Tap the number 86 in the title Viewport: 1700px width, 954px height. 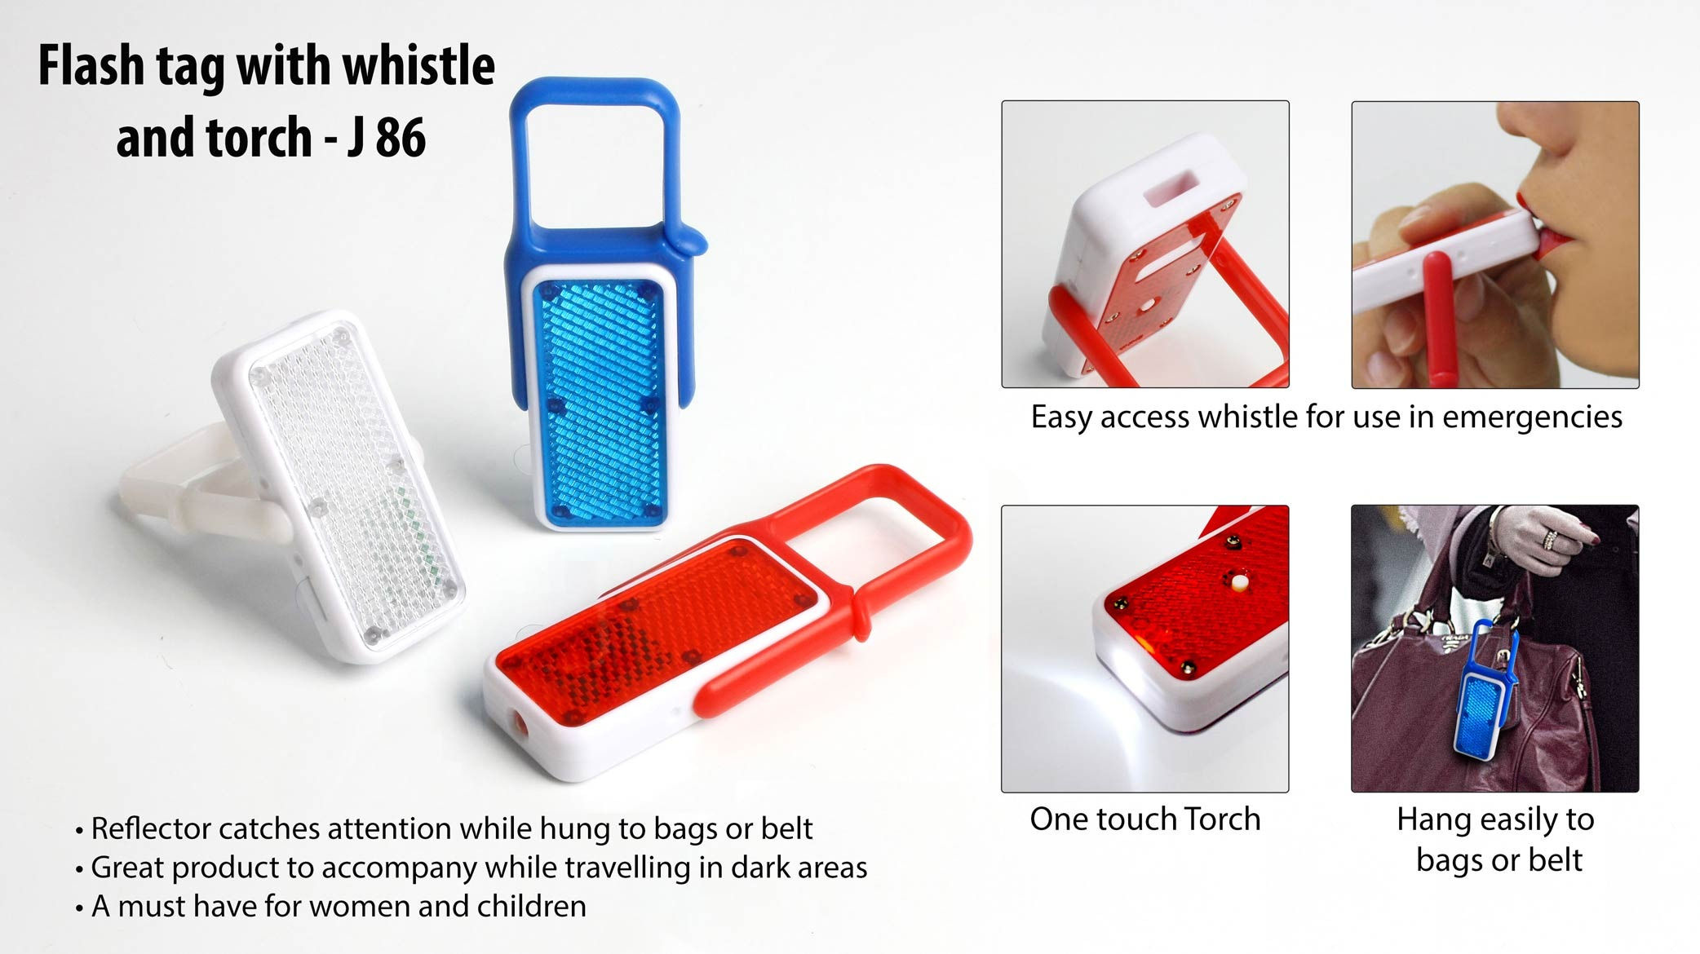tap(401, 137)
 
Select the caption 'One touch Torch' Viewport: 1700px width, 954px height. tap(1144, 819)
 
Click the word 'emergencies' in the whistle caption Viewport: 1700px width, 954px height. tap(1532, 417)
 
